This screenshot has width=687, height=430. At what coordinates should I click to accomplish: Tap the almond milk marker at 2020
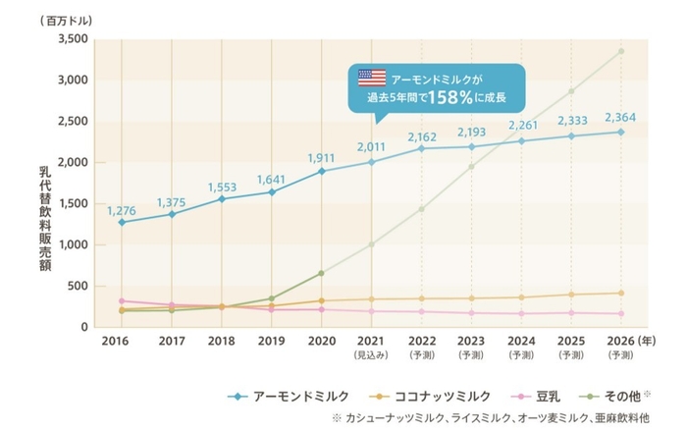click(321, 171)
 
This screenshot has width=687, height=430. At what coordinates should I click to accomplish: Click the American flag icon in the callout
click(371, 77)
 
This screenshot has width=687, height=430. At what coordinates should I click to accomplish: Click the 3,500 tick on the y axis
click(74, 39)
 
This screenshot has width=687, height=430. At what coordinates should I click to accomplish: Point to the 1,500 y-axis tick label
click(75, 204)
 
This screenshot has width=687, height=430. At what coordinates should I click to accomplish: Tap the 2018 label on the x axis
click(221, 344)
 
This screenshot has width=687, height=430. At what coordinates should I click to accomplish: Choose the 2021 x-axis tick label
click(371, 344)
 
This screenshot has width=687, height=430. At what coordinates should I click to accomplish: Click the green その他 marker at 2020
click(321, 273)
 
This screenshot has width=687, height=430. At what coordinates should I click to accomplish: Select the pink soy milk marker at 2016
click(122, 301)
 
